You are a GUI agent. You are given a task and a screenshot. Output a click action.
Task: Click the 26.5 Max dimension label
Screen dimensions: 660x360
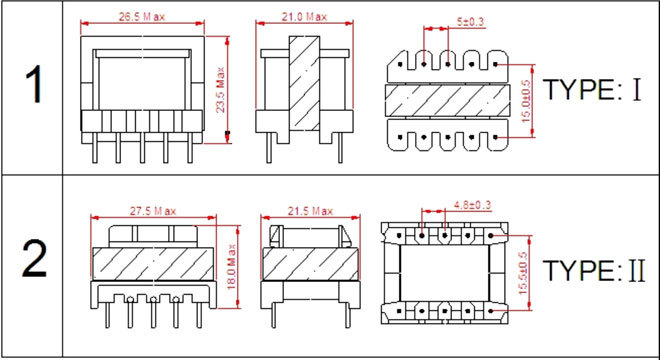point(142,17)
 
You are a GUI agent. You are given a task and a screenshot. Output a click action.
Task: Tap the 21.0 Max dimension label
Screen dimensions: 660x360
point(304,17)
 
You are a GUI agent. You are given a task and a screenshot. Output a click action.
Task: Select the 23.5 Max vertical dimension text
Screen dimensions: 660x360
point(221,89)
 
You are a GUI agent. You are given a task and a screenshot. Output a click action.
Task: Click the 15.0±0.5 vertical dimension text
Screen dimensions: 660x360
point(527,101)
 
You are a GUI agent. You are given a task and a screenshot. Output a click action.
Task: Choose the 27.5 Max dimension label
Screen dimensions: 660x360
point(152,211)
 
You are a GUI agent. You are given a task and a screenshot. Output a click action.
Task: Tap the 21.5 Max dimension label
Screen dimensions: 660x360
point(310,211)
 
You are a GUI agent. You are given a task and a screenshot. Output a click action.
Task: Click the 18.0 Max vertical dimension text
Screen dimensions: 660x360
point(232,267)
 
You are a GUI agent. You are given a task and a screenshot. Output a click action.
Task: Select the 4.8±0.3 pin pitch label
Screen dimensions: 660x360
point(472,205)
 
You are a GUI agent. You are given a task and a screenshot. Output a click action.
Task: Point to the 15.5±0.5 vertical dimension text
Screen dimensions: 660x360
point(523,273)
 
